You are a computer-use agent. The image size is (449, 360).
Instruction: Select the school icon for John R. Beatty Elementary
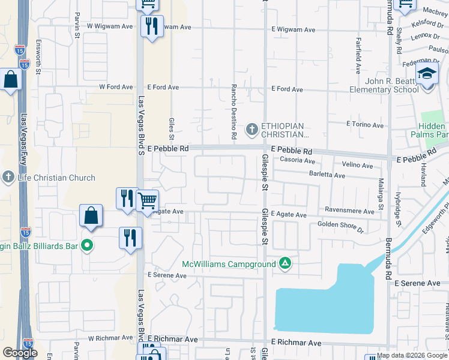click(x=427, y=76)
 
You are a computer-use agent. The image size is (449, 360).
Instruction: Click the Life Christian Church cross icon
click(x=8, y=178)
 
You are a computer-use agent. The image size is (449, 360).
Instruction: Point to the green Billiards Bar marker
click(x=87, y=245)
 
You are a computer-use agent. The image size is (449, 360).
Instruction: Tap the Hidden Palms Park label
click(x=433, y=131)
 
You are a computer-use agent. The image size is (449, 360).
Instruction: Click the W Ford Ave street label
click(x=116, y=87)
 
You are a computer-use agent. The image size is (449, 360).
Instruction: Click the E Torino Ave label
click(x=364, y=125)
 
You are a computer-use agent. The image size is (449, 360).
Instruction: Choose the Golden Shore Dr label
click(x=340, y=226)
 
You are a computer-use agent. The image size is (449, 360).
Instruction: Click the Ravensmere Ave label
click(x=350, y=211)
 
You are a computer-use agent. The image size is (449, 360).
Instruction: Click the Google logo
click(x=20, y=353)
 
